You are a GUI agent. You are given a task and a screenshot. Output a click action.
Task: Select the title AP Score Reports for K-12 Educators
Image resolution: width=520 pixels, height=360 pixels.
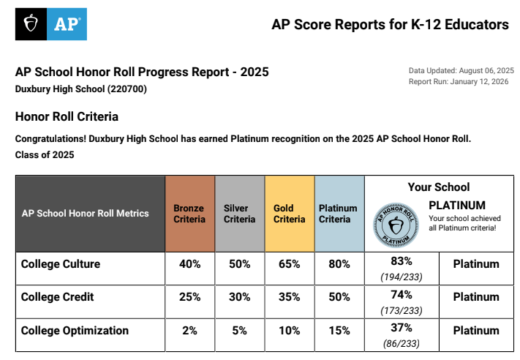(390, 25)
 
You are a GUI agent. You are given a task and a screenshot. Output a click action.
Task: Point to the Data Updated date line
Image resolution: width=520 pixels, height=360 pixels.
(461, 70)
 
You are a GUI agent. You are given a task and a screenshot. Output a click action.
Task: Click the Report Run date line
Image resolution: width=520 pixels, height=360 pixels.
(459, 82)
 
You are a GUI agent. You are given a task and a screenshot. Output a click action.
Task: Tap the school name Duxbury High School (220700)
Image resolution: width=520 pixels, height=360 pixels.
(81, 89)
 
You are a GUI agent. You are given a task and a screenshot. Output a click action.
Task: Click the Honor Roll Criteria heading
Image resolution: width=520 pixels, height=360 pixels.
(67, 116)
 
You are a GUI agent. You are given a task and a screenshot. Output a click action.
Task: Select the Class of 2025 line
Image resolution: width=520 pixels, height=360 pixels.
(45, 155)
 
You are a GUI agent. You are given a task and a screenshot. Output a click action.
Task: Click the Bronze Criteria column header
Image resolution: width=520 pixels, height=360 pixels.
(189, 214)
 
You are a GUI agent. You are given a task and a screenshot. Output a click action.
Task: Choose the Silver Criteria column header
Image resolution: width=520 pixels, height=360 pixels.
(239, 214)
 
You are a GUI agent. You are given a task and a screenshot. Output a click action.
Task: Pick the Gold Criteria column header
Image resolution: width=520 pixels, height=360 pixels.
(289, 214)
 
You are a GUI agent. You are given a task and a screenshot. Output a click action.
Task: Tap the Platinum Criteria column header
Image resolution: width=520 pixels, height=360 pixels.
(338, 214)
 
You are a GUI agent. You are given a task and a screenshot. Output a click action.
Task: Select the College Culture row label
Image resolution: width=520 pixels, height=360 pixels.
(61, 264)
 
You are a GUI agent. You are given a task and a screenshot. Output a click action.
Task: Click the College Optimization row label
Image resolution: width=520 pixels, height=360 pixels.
(75, 331)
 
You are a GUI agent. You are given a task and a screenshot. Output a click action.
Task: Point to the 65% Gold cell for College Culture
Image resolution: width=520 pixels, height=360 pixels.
(289, 264)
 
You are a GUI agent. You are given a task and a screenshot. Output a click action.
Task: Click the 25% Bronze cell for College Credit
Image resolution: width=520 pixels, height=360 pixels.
(189, 297)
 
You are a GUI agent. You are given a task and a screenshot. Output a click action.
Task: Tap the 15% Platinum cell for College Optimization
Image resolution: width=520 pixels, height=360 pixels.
(339, 331)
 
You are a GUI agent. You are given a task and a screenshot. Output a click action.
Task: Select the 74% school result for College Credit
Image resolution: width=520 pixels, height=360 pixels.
(401, 294)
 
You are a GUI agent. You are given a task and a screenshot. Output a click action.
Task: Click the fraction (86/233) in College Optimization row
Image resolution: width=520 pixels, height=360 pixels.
(401, 343)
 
